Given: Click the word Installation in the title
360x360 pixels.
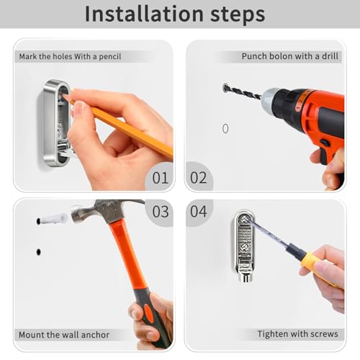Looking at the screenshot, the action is pyautogui.click(x=144, y=14).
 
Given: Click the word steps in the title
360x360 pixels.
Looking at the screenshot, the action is pyautogui.click(x=238, y=15).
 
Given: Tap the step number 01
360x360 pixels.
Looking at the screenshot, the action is pyautogui.click(x=161, y=178).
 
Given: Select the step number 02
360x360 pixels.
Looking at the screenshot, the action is pyautogui.click(x=198, y=178).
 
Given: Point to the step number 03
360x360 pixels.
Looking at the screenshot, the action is pyautogui.click(x=161, y=212).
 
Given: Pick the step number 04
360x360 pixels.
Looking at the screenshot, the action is pyautogui.click(x=198, y=212).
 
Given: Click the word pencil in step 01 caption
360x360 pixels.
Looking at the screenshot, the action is pyautogui.click(x=110, y=57).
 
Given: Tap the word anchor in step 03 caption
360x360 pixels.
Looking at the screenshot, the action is pyautogui.click(x=96, y=335).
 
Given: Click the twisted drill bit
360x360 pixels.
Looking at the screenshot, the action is pyautogui.click(x=242, y=91).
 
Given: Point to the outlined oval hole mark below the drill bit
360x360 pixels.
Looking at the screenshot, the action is pyautogui.click(x=225, y=129).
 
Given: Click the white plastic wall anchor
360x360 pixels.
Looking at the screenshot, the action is pyautogui.click(x=53, y=219).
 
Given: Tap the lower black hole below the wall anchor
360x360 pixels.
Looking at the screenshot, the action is pyautogui.click(x=38, y=252).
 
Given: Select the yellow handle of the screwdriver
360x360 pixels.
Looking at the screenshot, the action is pyautogui.click(x=317, y=268).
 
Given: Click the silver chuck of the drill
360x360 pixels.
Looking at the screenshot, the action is pyautogui.click(x=269, y=99).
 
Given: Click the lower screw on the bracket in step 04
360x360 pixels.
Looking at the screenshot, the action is pyautogui.click(x=244, y=246).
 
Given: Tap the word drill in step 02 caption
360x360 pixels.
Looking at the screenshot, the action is pyautogui.click(x=330, y=56).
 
